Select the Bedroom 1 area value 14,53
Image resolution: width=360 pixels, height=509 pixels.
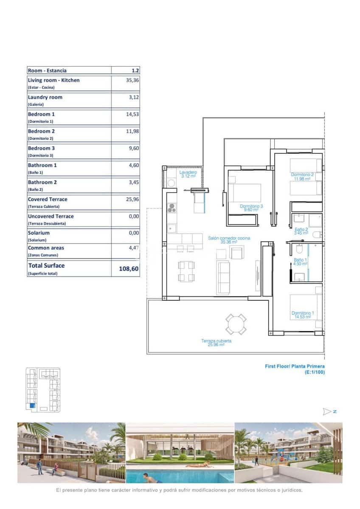pos(132,114)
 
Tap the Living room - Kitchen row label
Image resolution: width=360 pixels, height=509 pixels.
pos(53,80)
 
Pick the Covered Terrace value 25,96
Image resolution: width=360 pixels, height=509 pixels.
pos(132,199)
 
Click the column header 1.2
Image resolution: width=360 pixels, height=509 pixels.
pos(135,71)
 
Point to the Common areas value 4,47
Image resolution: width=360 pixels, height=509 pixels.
pos(133,248)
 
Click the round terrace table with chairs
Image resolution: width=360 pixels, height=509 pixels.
pos(236,324)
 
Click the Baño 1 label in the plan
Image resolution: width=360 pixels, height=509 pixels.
pos(301,261)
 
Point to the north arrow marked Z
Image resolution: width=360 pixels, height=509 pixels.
pos(329,411)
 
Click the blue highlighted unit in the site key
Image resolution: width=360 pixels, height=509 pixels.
pos(32,406)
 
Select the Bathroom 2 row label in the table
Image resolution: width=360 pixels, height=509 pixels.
pos(42,182)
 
